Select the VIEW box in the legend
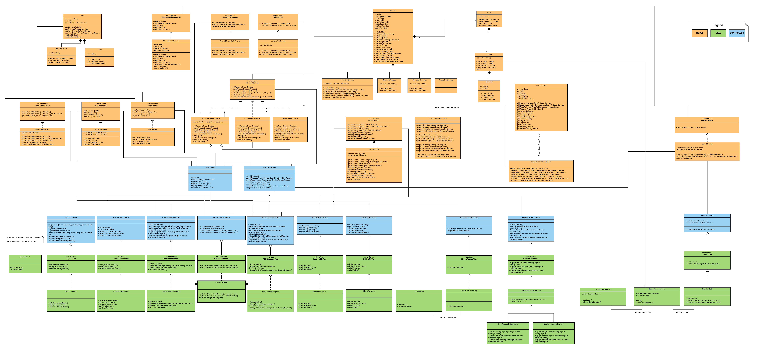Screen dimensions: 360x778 point(718,33)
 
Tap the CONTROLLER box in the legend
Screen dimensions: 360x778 point(737,33)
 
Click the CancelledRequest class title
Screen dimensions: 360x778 point(446,80)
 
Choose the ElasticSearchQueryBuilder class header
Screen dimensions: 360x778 point(541,162)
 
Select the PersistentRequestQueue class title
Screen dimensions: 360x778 point(438,118)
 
